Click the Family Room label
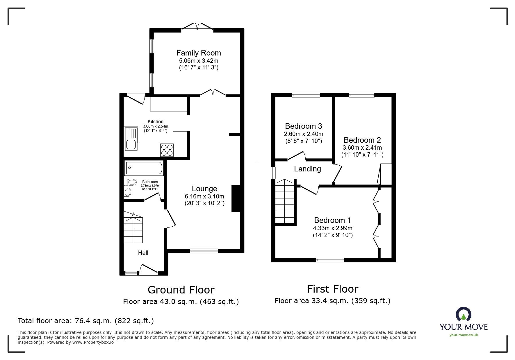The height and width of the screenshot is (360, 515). (x=199, y=53)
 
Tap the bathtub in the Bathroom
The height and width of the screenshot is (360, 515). (x=144, y=168)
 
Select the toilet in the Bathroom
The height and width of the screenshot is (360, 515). (x=130, y=182)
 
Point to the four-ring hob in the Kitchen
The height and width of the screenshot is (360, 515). (x=167, y=150)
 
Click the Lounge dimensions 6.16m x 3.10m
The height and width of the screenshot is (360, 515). (x=204, y=196)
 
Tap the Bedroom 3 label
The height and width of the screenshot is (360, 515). (x=304, y=126)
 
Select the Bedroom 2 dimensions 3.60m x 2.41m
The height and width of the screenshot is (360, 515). (x=362, y=148)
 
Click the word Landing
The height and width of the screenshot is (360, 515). (x=307, y=169)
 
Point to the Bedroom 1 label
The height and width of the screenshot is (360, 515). (x=333, y=220)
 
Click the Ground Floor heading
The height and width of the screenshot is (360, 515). (x=181, y=290)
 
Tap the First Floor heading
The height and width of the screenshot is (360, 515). (x=333, y=289)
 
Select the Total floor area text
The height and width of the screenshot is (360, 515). (x=86, y=321)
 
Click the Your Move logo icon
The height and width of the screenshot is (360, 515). (x=463, y=314)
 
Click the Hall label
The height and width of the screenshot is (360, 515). (x=143, y=253)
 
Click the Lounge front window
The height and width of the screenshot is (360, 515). (x=204, y=251)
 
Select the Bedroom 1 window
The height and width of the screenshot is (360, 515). (x=330, y=260)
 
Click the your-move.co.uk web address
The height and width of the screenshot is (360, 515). (x=464, y=335)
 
